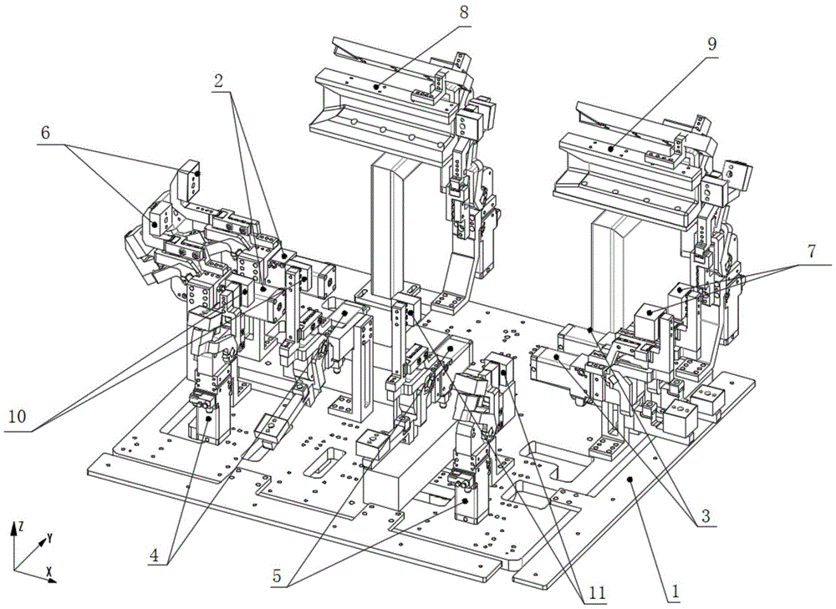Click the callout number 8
[464, 13]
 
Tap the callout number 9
[712, 45]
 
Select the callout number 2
[217, 81]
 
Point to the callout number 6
[45, 133]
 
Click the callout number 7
[812, 252]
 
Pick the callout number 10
[18, 416]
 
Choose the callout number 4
[154, 556]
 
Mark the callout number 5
[277, 576]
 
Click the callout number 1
[675, 591]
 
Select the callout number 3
[706, 515]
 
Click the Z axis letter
[20, 527]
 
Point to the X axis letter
[48, 572]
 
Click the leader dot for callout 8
[376, 86]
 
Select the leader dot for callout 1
[630, 479]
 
